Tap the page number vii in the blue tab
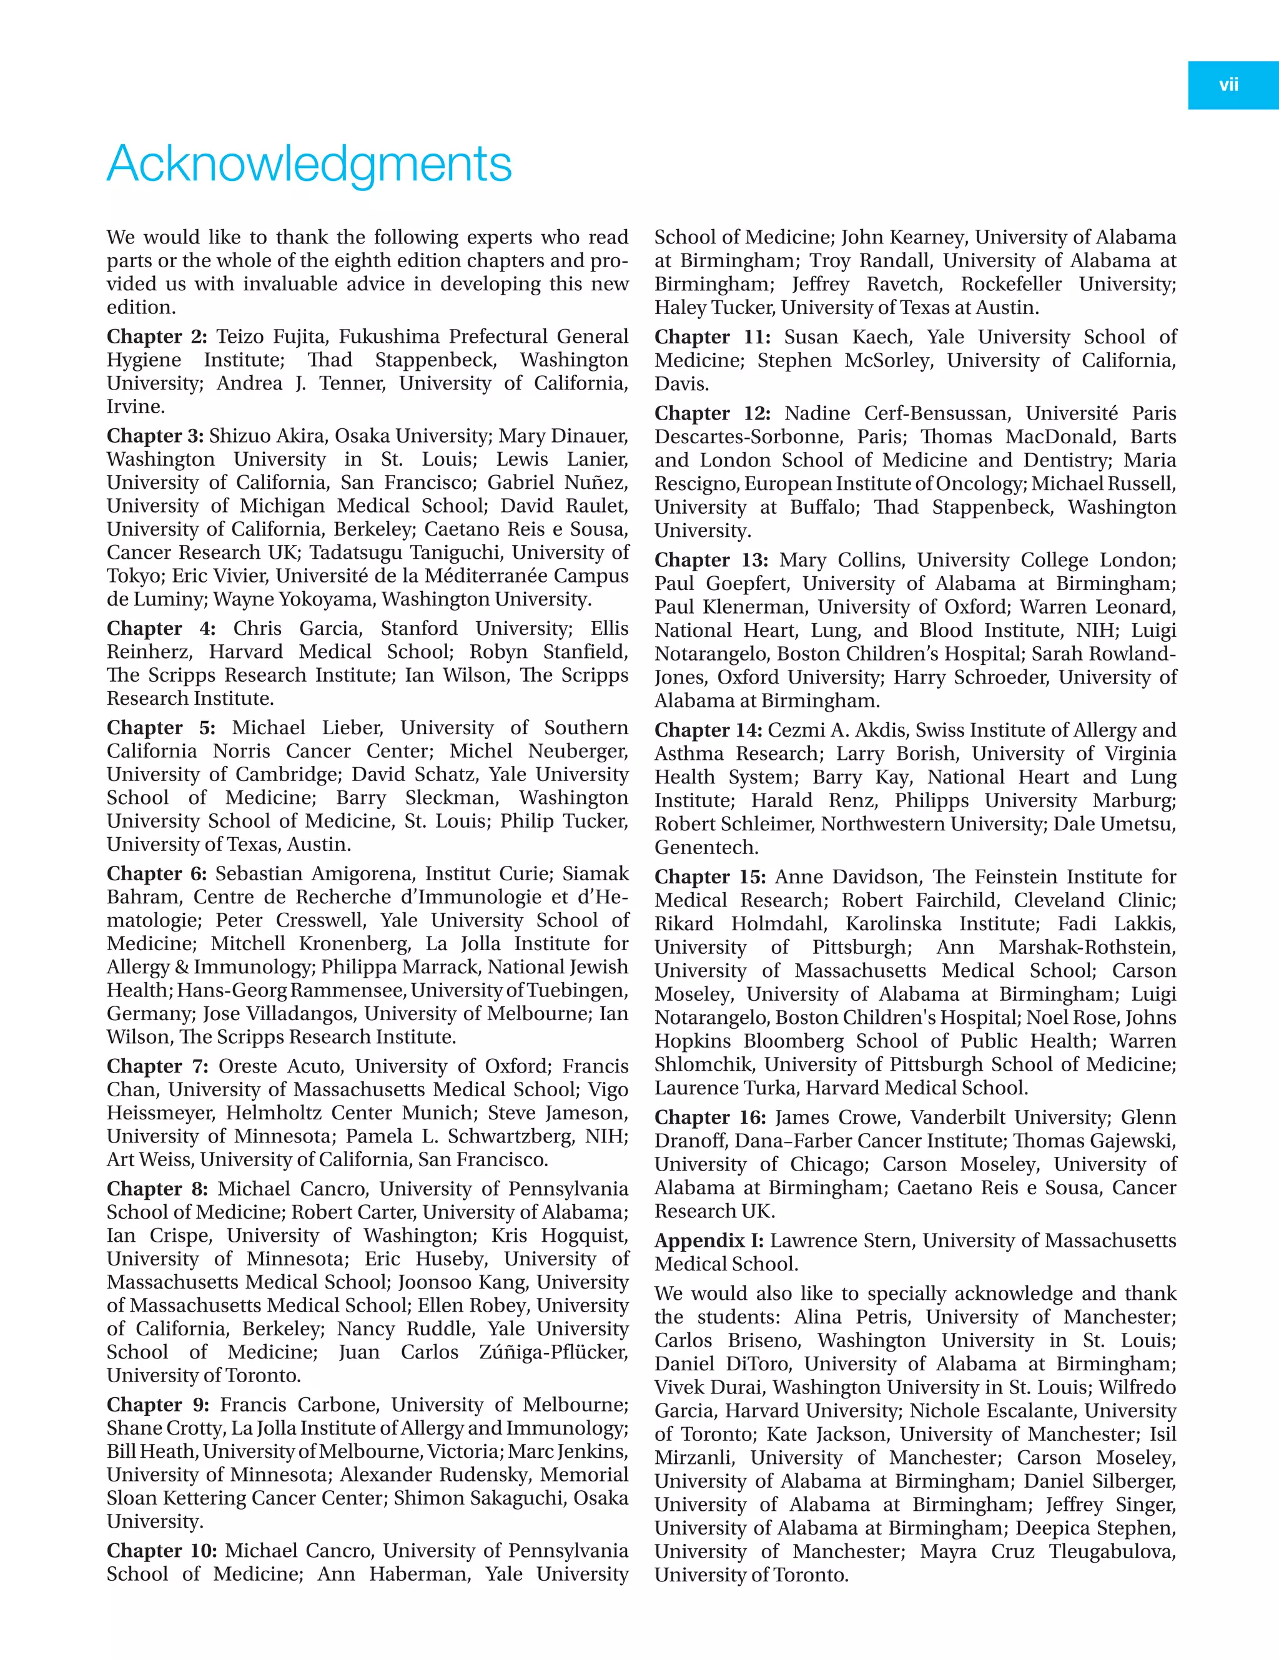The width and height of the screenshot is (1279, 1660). pos(1229,85)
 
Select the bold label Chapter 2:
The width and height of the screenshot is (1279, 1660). pos(157,336)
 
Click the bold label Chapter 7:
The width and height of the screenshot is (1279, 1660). pos(157,1066)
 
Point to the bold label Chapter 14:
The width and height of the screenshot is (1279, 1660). pos(708,730)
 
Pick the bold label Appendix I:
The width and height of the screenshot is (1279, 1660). pos(709,1241)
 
